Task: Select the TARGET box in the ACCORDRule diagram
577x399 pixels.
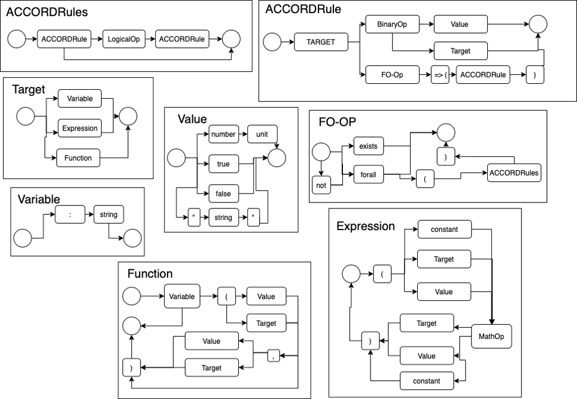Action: (x=321, y=43)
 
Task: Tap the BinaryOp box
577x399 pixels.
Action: (x=391, y=25)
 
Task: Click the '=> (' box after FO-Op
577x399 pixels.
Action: (x=440, y=75)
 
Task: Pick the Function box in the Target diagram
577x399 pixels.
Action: (x=78, y=158)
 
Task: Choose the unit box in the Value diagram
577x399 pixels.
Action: (x=262, y=134)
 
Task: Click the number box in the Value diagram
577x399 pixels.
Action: (x=223, y=134)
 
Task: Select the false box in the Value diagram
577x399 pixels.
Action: (x=223, y=194)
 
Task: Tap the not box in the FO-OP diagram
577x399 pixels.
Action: (x=321, y=185)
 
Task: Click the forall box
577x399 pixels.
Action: (x=368, y=174)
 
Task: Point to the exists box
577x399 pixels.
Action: (x=368, y=146)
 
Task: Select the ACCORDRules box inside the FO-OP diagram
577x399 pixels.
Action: (x=514, y=173)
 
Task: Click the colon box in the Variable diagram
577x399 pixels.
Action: (x=70, y=214)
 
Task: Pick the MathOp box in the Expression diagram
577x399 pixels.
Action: (x=491, y=337)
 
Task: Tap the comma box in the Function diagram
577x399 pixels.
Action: (x=274, y=356)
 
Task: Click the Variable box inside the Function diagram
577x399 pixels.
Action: (x=181, y=297)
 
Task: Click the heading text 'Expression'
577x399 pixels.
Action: (x=365, y=226)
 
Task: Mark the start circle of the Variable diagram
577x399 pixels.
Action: (x=23, y=238)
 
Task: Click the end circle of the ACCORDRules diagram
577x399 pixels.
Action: (x=231, y=40)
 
